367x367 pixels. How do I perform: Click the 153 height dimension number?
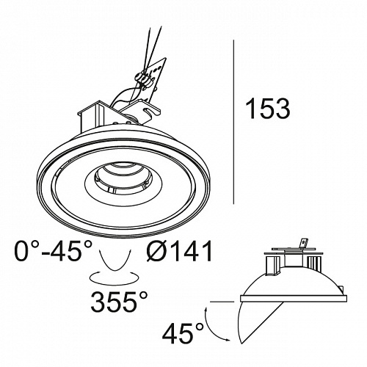pyautogui.click(x=269, y=109)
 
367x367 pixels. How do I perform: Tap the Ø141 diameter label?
pyautogui.click(x=180, y=251)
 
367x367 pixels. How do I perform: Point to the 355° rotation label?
pyautogui.click(x=120, y=302)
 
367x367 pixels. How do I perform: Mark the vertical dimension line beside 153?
pyautogui.click(x=233, y=122)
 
